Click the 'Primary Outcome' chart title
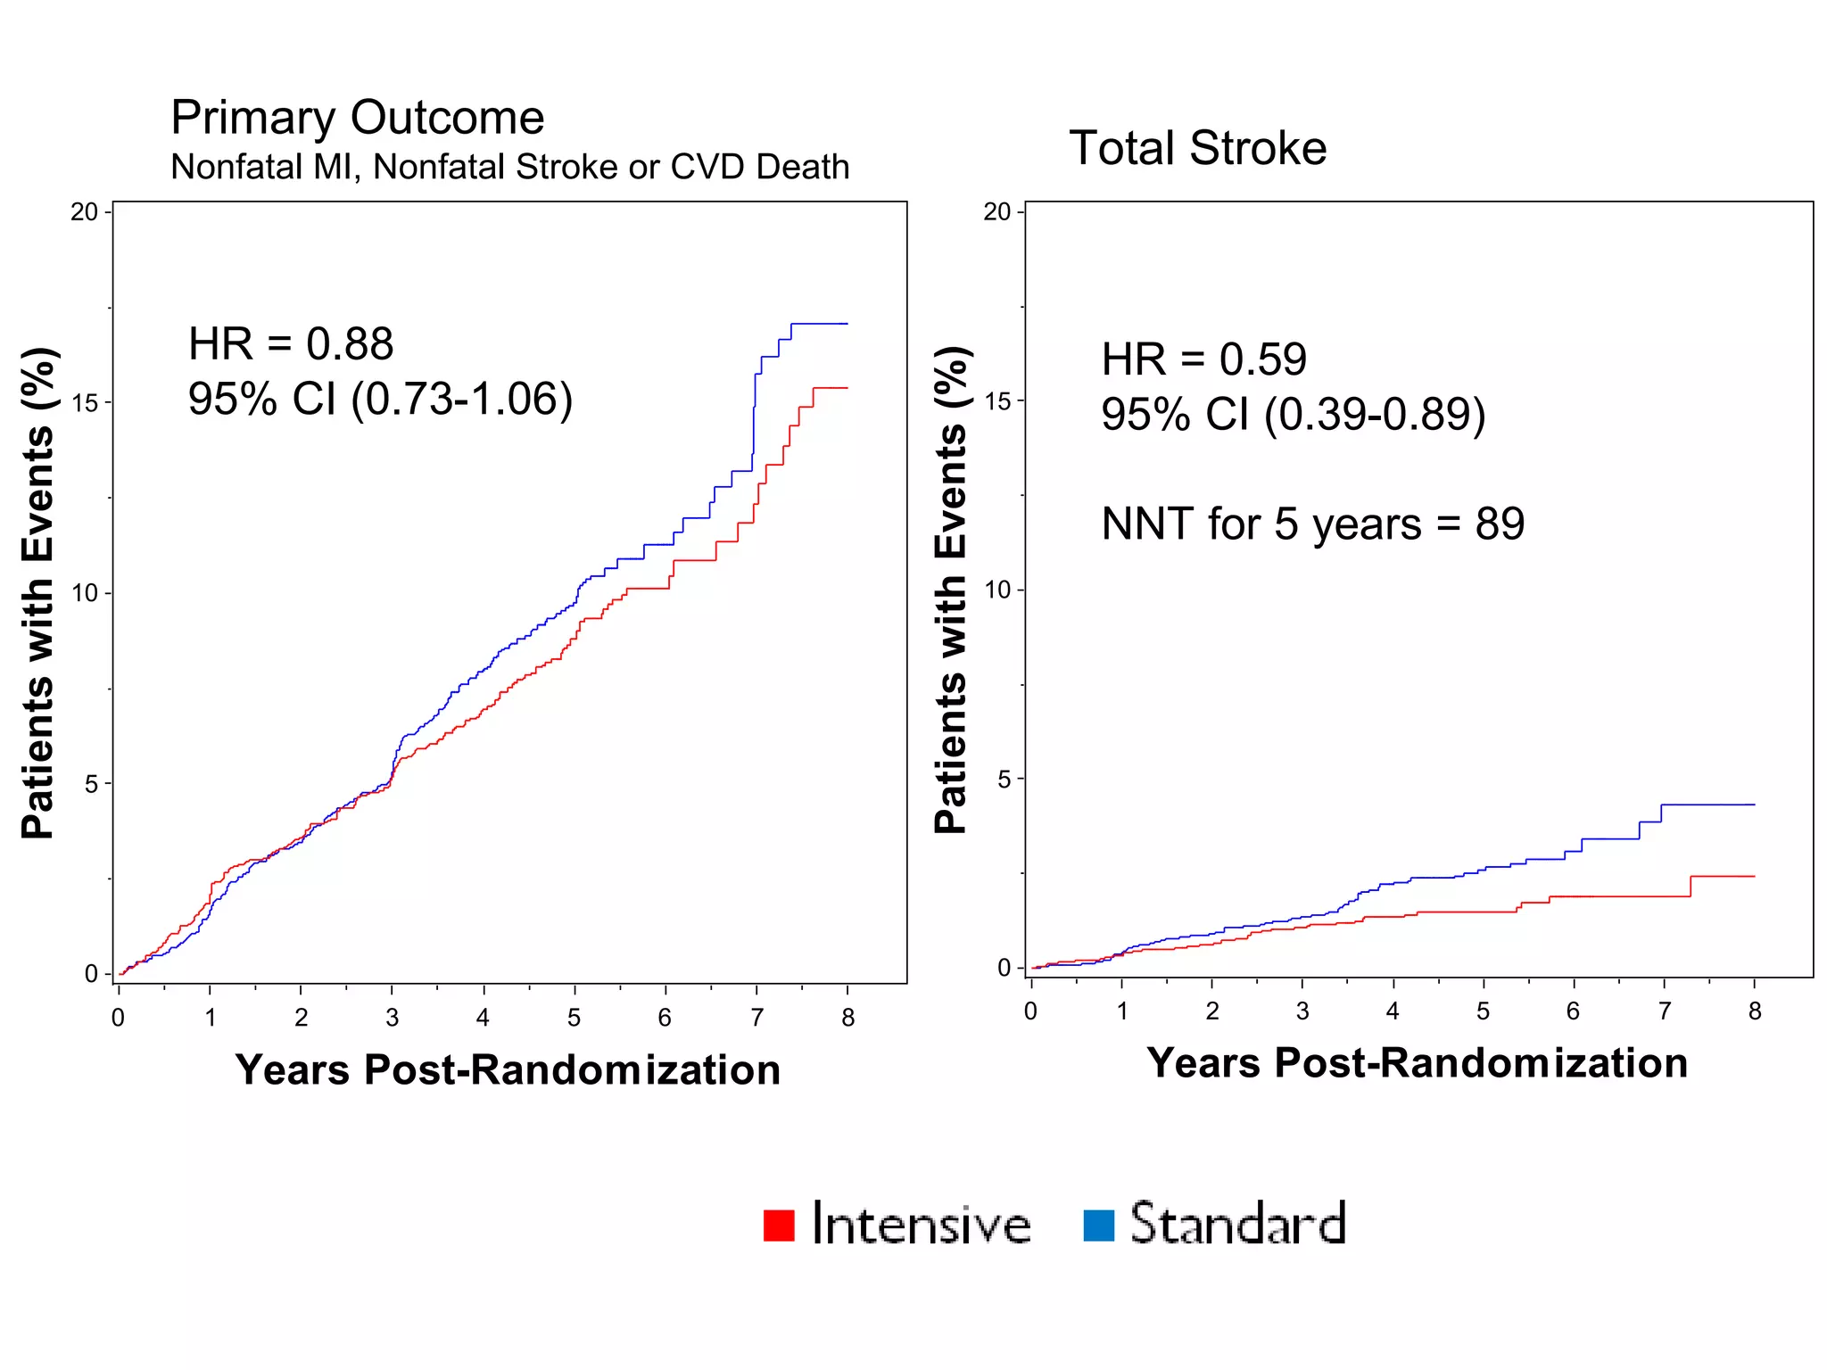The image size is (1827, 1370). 357,118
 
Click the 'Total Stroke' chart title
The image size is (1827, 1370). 1197,148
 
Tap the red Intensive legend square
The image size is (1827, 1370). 779,1225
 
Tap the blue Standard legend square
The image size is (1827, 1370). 1098,1225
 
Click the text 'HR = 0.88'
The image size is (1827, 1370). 290,344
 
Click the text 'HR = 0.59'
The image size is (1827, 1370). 1203,359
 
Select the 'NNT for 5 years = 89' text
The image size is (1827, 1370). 1312,524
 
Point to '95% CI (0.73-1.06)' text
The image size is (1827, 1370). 380,399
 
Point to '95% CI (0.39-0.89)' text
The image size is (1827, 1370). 1293,415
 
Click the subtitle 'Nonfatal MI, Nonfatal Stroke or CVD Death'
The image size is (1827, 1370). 509,168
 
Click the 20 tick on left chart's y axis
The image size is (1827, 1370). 85,212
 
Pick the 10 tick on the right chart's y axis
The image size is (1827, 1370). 997,590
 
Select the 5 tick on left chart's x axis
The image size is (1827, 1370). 574,1018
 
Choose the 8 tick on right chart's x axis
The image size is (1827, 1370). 1754,1011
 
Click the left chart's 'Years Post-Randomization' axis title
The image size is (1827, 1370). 508,1069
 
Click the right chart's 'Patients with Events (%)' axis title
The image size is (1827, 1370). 951,590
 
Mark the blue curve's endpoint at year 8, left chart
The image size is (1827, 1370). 847,324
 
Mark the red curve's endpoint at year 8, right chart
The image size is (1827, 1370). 1754,877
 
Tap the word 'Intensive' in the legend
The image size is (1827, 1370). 921,1225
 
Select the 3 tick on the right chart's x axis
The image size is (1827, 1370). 1302,1011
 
